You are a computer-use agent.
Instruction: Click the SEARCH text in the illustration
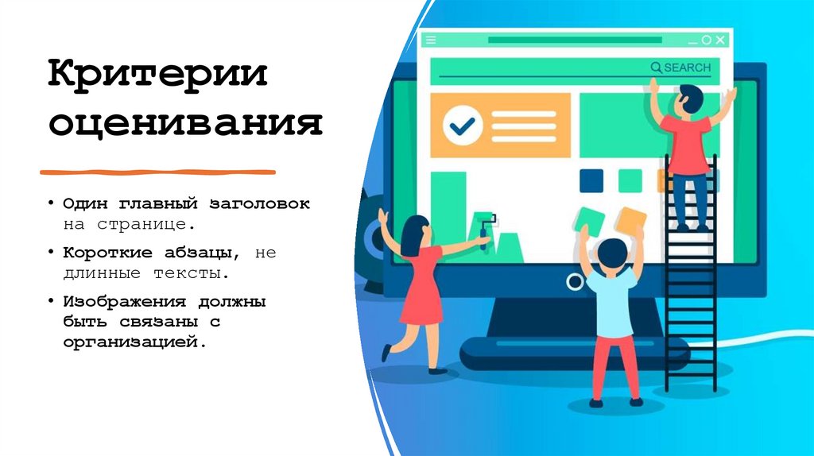[x=688, y=68]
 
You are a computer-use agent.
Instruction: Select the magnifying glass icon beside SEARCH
[x=656, y=68]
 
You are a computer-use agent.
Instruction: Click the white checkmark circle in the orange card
[x=463, y=125]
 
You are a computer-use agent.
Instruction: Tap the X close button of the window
[x=720, y=39]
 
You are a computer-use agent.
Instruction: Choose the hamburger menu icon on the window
[x=431, y=39]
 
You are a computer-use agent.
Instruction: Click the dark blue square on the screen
[x=591, y=181]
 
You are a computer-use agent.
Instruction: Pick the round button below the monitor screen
[x=574, y=281]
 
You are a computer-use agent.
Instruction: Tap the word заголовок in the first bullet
[x=259, y=204]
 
